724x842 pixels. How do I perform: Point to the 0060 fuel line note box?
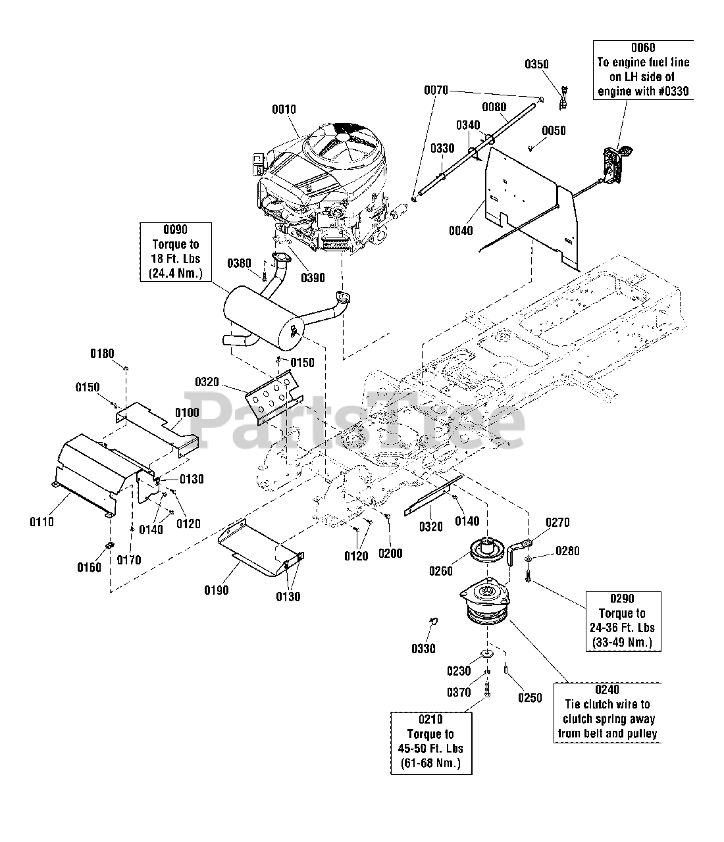643,69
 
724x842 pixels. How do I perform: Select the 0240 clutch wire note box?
607,712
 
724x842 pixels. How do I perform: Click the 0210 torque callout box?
430,741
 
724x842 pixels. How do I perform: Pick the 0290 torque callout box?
622,620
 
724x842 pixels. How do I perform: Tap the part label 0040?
460,230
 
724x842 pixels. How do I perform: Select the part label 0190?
216,590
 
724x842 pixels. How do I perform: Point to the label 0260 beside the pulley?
440,571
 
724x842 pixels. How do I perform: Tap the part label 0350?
536,64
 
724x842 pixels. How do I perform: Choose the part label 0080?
494,107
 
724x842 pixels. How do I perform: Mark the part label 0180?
102,355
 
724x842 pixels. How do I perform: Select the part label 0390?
313,278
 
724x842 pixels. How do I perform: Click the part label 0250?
530,697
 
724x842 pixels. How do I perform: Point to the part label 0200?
390,553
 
